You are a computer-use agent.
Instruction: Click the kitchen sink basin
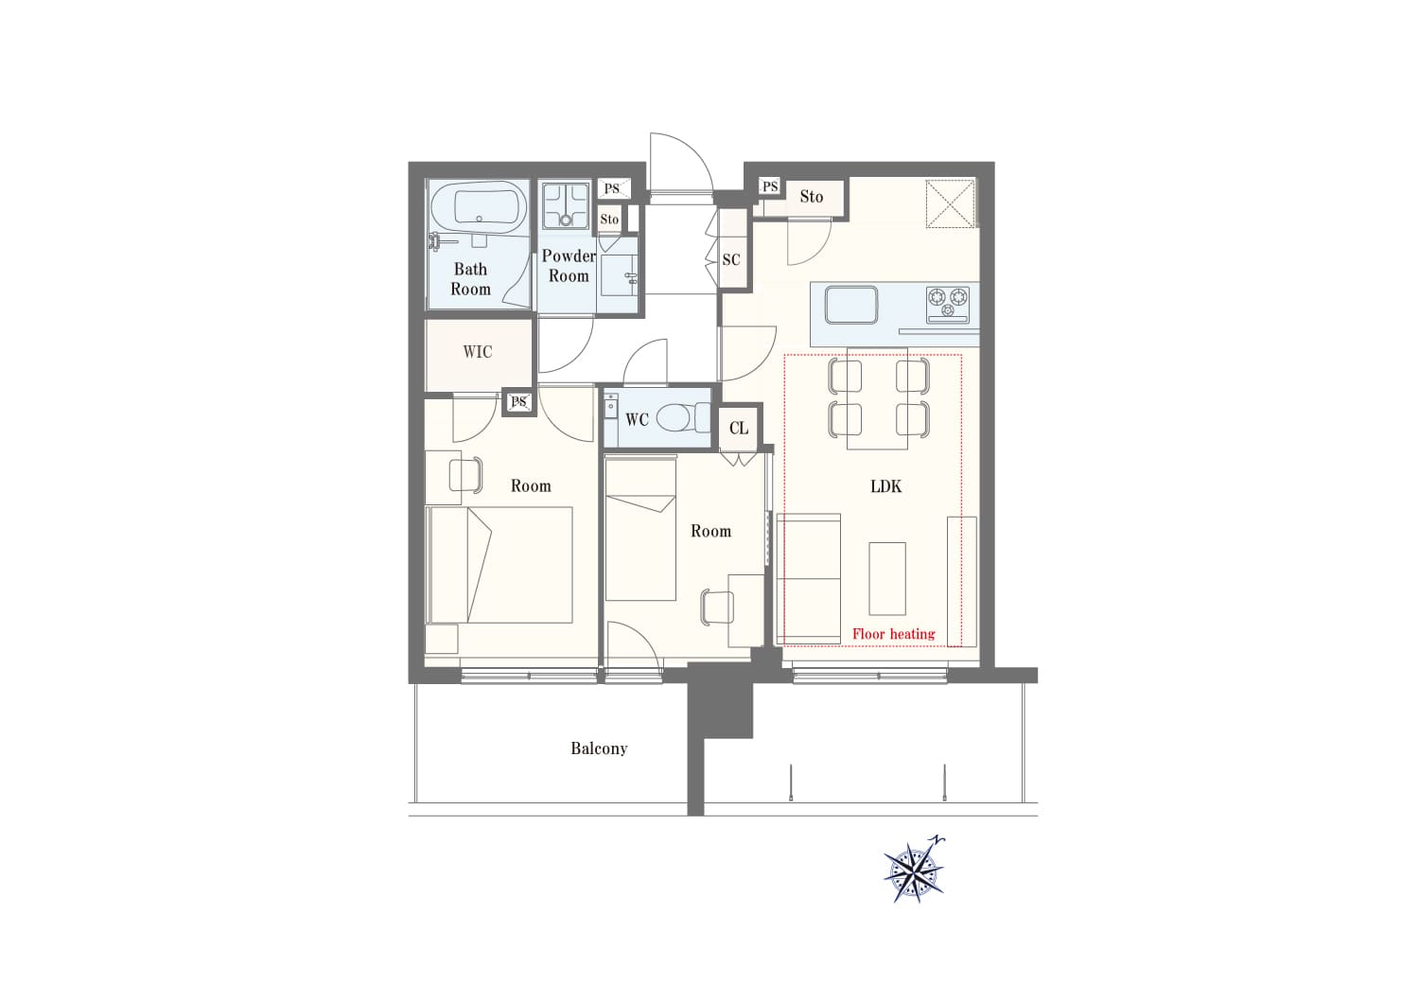coord(850,306)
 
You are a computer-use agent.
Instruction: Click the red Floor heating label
coord(893,634)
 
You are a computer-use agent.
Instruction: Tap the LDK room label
coord(885,486)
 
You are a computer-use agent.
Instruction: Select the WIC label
coord(478,352)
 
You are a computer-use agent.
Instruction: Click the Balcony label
coord(599,748)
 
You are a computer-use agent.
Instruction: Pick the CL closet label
coord(739,429)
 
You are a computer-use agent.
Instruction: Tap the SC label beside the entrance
coord(731,259)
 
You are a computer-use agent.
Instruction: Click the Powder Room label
coord(569,266)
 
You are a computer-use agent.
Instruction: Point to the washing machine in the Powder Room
coord(566,205)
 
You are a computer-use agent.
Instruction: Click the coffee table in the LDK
coord(887,578)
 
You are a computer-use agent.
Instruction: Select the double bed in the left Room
coord(499,565)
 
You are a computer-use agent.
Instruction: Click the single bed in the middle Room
coord(640,530)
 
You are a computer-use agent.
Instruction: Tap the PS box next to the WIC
coord(518,402)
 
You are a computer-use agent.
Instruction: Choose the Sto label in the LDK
coord(812,197)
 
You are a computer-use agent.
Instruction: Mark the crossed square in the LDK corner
coord(950,203)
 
